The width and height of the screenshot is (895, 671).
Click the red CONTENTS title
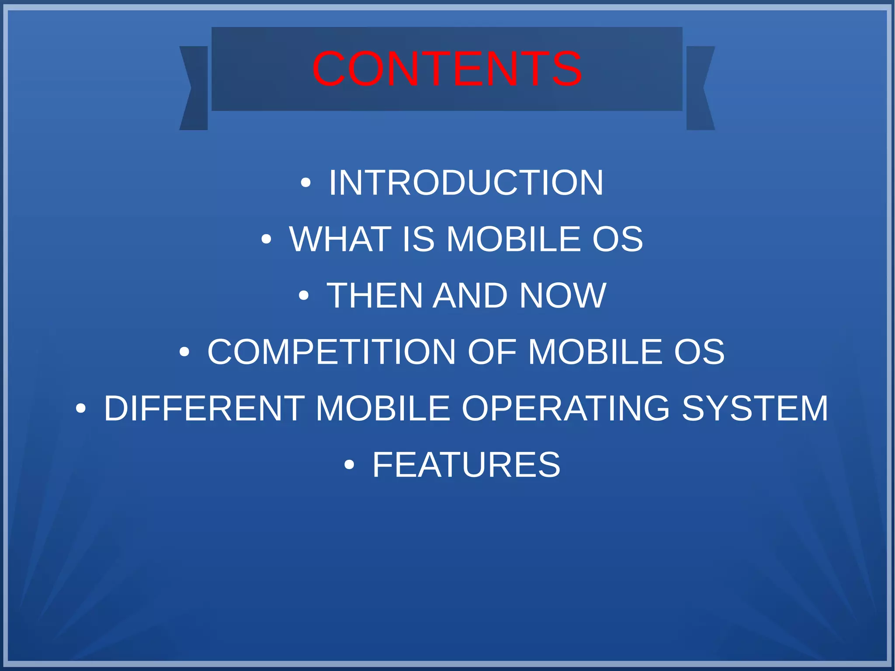point(447,69)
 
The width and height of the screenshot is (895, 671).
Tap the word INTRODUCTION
point(466,183)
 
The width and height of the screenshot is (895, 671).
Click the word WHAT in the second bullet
point(340,239)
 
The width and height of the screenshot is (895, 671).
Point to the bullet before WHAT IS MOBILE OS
point(266,240)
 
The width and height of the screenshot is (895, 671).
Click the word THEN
point(375,296)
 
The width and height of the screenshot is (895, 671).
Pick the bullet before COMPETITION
point(184,352)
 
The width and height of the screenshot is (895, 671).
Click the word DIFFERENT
point(204,408)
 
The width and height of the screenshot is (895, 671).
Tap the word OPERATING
point(565,408)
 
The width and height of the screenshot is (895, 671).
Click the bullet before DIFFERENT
point(81,409)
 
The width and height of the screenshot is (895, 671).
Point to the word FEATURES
point(466,465)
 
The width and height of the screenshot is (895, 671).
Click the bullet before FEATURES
point(349,465)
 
